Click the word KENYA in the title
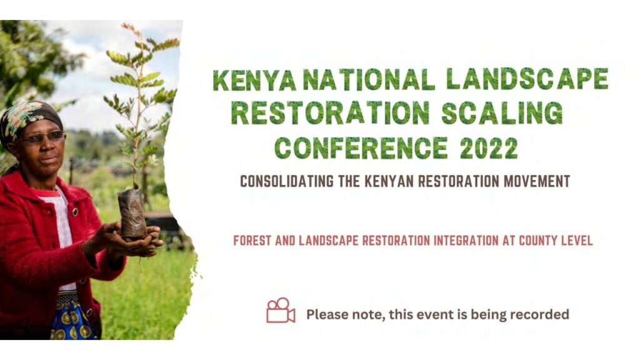[x=254, y=79]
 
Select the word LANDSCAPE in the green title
[x=527, y=79]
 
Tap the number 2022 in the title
[x=489, y=147]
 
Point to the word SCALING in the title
[x=502, y=113]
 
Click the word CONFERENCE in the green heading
[x=361, y=147]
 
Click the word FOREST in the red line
[x=252, y=241]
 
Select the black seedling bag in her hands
[x=132, y=214]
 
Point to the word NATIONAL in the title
[x=369, y=79]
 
